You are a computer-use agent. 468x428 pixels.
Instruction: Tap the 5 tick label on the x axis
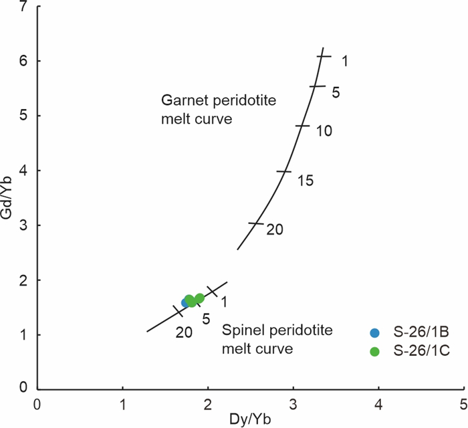point(463,404)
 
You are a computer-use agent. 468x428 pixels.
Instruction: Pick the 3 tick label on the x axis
point(293,404)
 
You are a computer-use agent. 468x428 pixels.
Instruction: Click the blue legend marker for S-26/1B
point(374,332)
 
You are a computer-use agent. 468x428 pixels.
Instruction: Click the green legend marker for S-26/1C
point(374,351)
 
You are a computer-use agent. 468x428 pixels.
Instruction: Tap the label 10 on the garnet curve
point(324,131)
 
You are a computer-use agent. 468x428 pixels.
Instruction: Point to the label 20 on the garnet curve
point(275,229)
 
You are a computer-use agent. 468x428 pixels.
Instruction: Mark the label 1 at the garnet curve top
point(345,62)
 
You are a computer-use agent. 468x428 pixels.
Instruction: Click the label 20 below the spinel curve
point(185,330)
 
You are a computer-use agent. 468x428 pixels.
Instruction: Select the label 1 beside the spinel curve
point(224,302)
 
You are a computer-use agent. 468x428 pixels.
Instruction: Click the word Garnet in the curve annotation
point(180,100)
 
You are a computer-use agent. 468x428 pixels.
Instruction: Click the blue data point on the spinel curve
point(186,302)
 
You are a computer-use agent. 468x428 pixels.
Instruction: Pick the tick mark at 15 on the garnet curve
point(284,172)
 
